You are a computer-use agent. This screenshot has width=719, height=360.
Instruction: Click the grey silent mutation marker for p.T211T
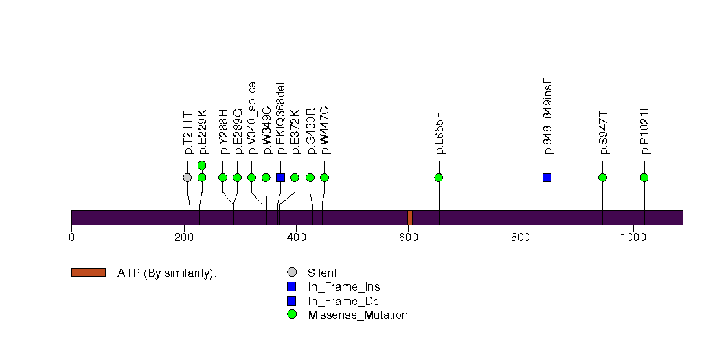(x=187, y=177)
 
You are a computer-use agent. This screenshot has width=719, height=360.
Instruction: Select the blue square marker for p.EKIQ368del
(x=280, y=177)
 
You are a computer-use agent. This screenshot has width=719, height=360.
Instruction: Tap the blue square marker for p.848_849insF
(x=547, y=177)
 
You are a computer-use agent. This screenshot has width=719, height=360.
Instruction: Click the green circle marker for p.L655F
(x=439, y=177)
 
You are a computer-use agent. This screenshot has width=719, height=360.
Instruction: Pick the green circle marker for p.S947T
(x=602, y=177)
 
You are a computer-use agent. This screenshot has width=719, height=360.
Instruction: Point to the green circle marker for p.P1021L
(x=644, y=177)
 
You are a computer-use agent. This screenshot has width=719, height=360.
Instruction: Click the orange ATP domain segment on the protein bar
(x=410, y=217)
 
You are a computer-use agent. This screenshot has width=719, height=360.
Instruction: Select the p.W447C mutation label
(x=325, y=130)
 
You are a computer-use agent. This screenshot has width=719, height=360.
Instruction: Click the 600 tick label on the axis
(x=408, y=238)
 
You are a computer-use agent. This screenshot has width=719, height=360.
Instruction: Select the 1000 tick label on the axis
(x=632, y=238)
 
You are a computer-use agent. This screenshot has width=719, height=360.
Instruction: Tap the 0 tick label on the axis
(x=71, y=238)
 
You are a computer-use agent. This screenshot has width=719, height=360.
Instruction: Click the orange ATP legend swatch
(x=88, y=273)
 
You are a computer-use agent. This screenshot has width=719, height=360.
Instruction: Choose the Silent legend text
(x=322, y=273)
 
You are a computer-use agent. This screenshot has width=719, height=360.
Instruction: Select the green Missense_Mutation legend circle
(x=291, y=315)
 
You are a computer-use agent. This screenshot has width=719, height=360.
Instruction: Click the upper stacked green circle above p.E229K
(x=202, y=165)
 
